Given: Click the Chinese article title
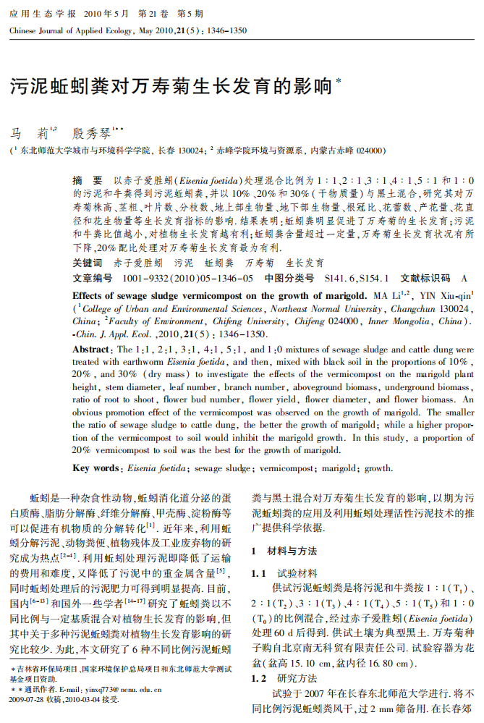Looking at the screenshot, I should pyautogui.click(x=171, y=87).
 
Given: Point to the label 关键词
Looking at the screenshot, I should pyautogui.click(x=88, y=263).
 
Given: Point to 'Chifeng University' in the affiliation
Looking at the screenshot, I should pyautogui.click(x=247, y=321).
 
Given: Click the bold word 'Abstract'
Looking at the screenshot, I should pyautogui.click(x=91, y=350).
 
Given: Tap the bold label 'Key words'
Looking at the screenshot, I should pyautogui.click(x=96, y=468).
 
